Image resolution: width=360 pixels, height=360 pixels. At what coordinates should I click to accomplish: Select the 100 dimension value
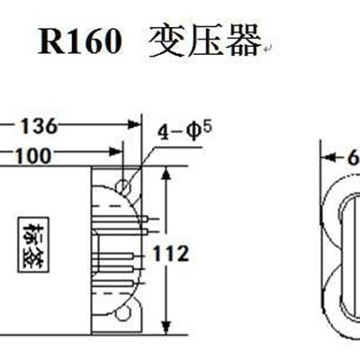pyautogui.click(x=33, y=156)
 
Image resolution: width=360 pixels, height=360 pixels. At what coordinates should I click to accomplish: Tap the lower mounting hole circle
pyautogui.click(x=125, y=314)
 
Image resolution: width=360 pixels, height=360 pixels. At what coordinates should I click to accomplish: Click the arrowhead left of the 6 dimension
pyautogui.click(x=328, y=157)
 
